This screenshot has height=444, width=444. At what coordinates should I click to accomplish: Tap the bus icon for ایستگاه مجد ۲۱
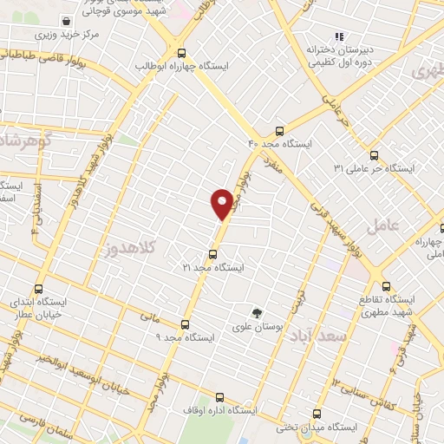213,254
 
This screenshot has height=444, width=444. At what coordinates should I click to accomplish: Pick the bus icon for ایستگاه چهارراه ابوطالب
180,51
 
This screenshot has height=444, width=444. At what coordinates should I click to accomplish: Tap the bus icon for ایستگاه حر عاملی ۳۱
374,155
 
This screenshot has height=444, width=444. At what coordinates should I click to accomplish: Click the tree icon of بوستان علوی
256,313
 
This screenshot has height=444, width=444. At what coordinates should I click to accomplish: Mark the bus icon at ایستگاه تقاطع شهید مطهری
386,286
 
